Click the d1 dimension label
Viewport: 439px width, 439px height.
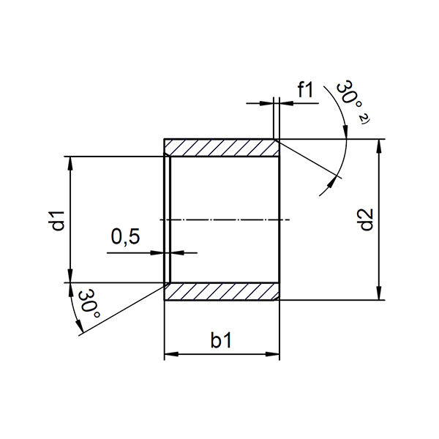coord(59,221)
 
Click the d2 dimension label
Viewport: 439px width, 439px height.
coord(367,219)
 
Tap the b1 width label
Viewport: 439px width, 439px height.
coord(221,340)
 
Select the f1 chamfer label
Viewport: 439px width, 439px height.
coord(305,89)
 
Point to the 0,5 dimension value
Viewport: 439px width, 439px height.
coord(125,236)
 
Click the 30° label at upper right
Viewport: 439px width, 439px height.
coord(349,95)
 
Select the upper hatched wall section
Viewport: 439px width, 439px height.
coord(221,148)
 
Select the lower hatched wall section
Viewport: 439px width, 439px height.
coord(221,291)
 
